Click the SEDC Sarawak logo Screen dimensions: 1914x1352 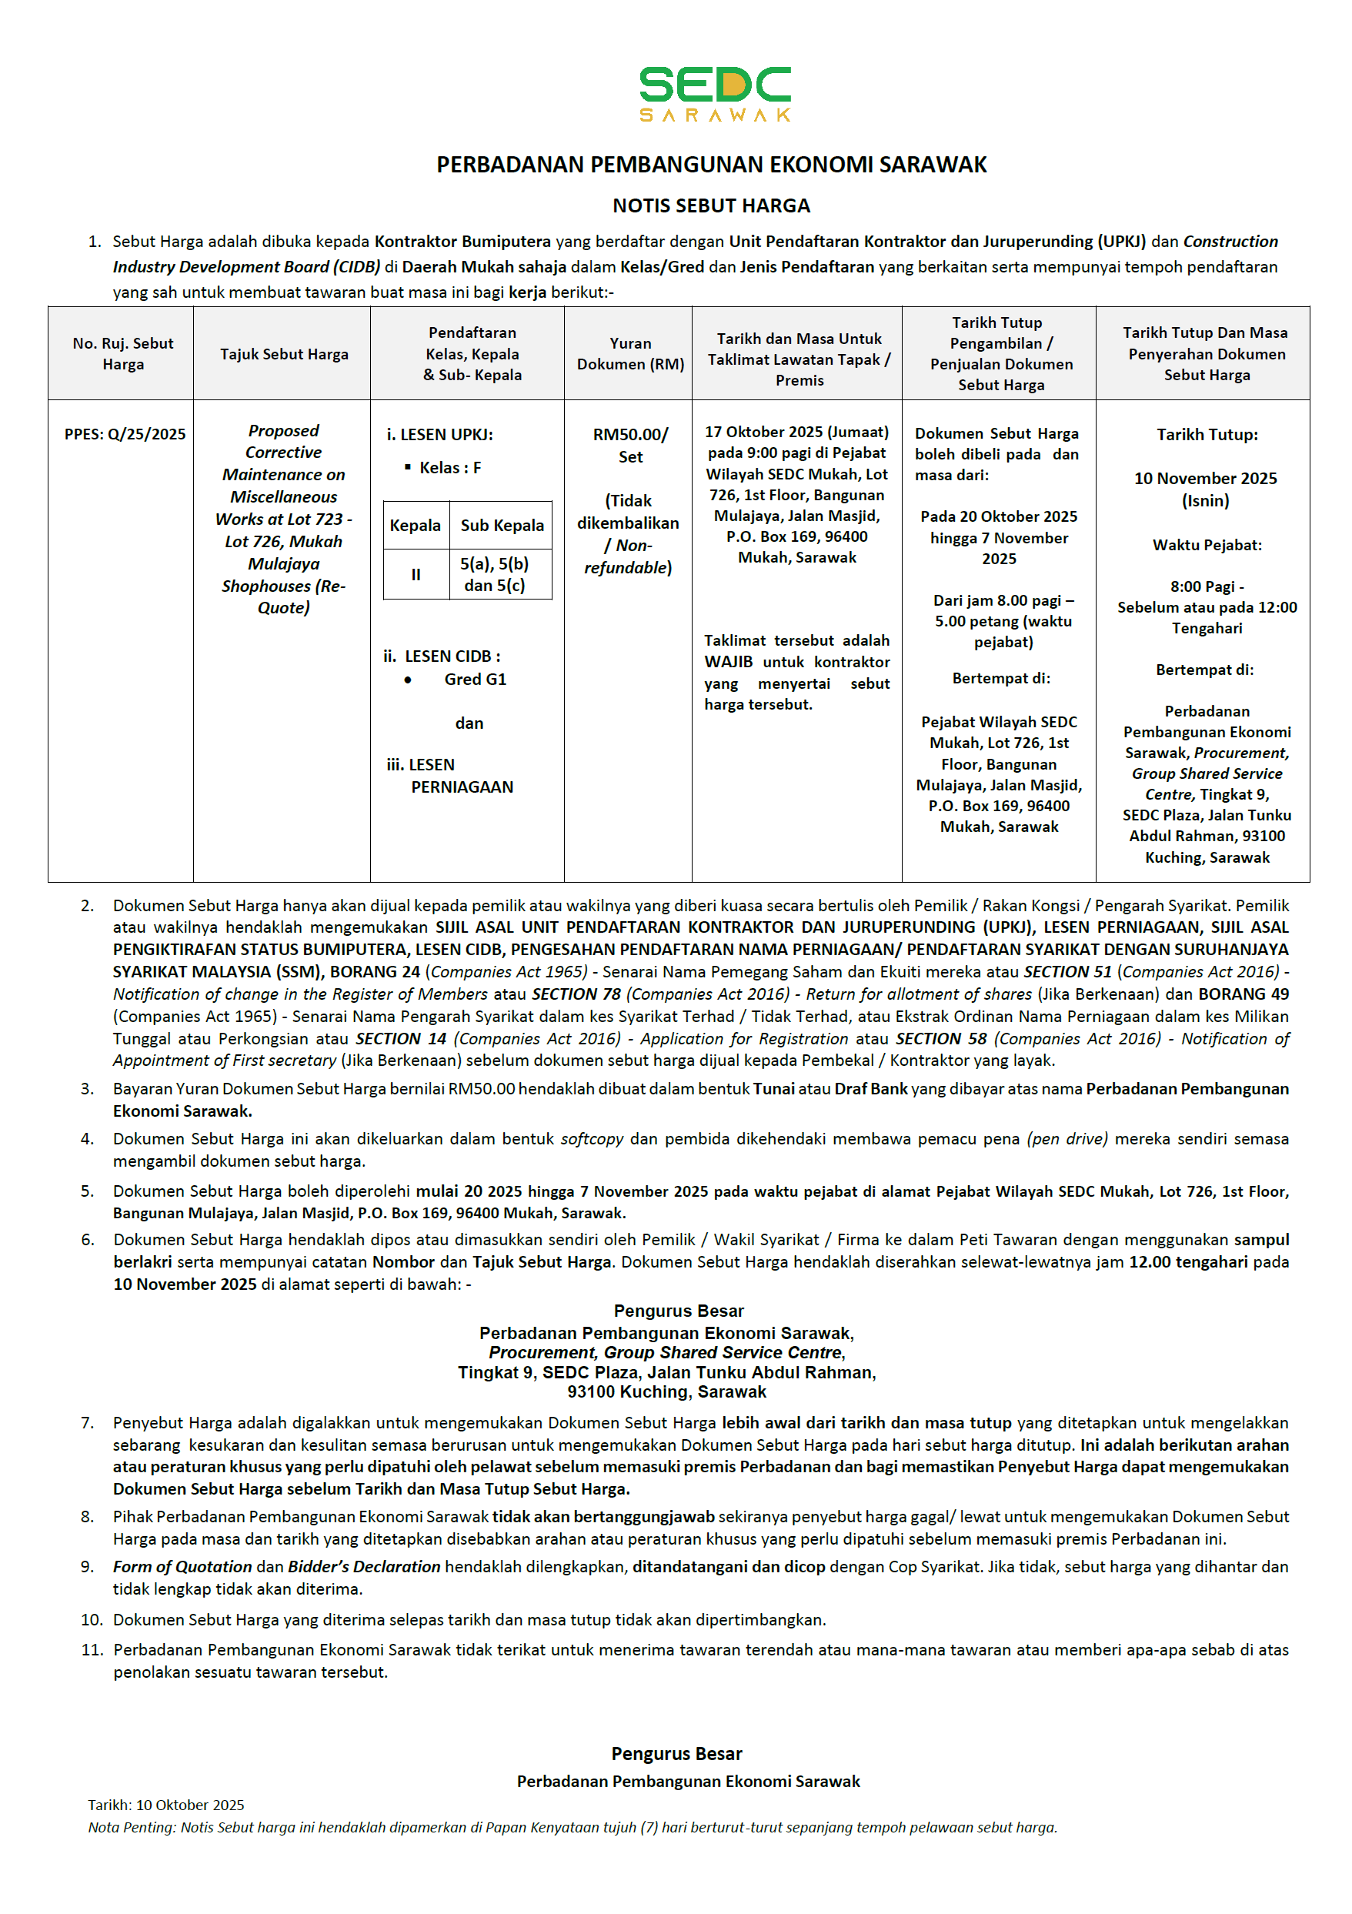(x=714, y=93)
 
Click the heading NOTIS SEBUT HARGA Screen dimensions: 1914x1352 (x=711, y=206)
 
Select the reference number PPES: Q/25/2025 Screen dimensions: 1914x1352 (x=125, y=434)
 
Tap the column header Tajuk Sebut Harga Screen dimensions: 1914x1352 (x=284, y=354)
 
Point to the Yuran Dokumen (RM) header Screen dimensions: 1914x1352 (x=630, y=354)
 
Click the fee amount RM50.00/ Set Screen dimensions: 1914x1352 (x=630, y=445)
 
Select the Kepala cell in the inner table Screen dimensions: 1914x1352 (x=415, y=525)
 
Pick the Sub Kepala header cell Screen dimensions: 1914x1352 (x=502, y=525)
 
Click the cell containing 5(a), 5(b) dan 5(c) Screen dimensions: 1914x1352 (x=495, y=574)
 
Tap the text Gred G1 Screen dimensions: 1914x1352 (x=475, y=680)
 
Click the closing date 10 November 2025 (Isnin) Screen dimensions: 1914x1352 (x=1205, y=489)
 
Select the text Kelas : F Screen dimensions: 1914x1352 (x=450, y=468)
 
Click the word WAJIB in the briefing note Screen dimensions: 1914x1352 (x=729, y=662)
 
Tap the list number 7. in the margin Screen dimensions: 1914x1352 (x=88, y=1422)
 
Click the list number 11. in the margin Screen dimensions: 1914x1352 (x=92, y=1650)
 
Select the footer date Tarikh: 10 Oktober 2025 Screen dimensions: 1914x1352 (x=166, y=1805)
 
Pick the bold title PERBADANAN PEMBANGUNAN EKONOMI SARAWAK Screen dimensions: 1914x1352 (x=711, y=165)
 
